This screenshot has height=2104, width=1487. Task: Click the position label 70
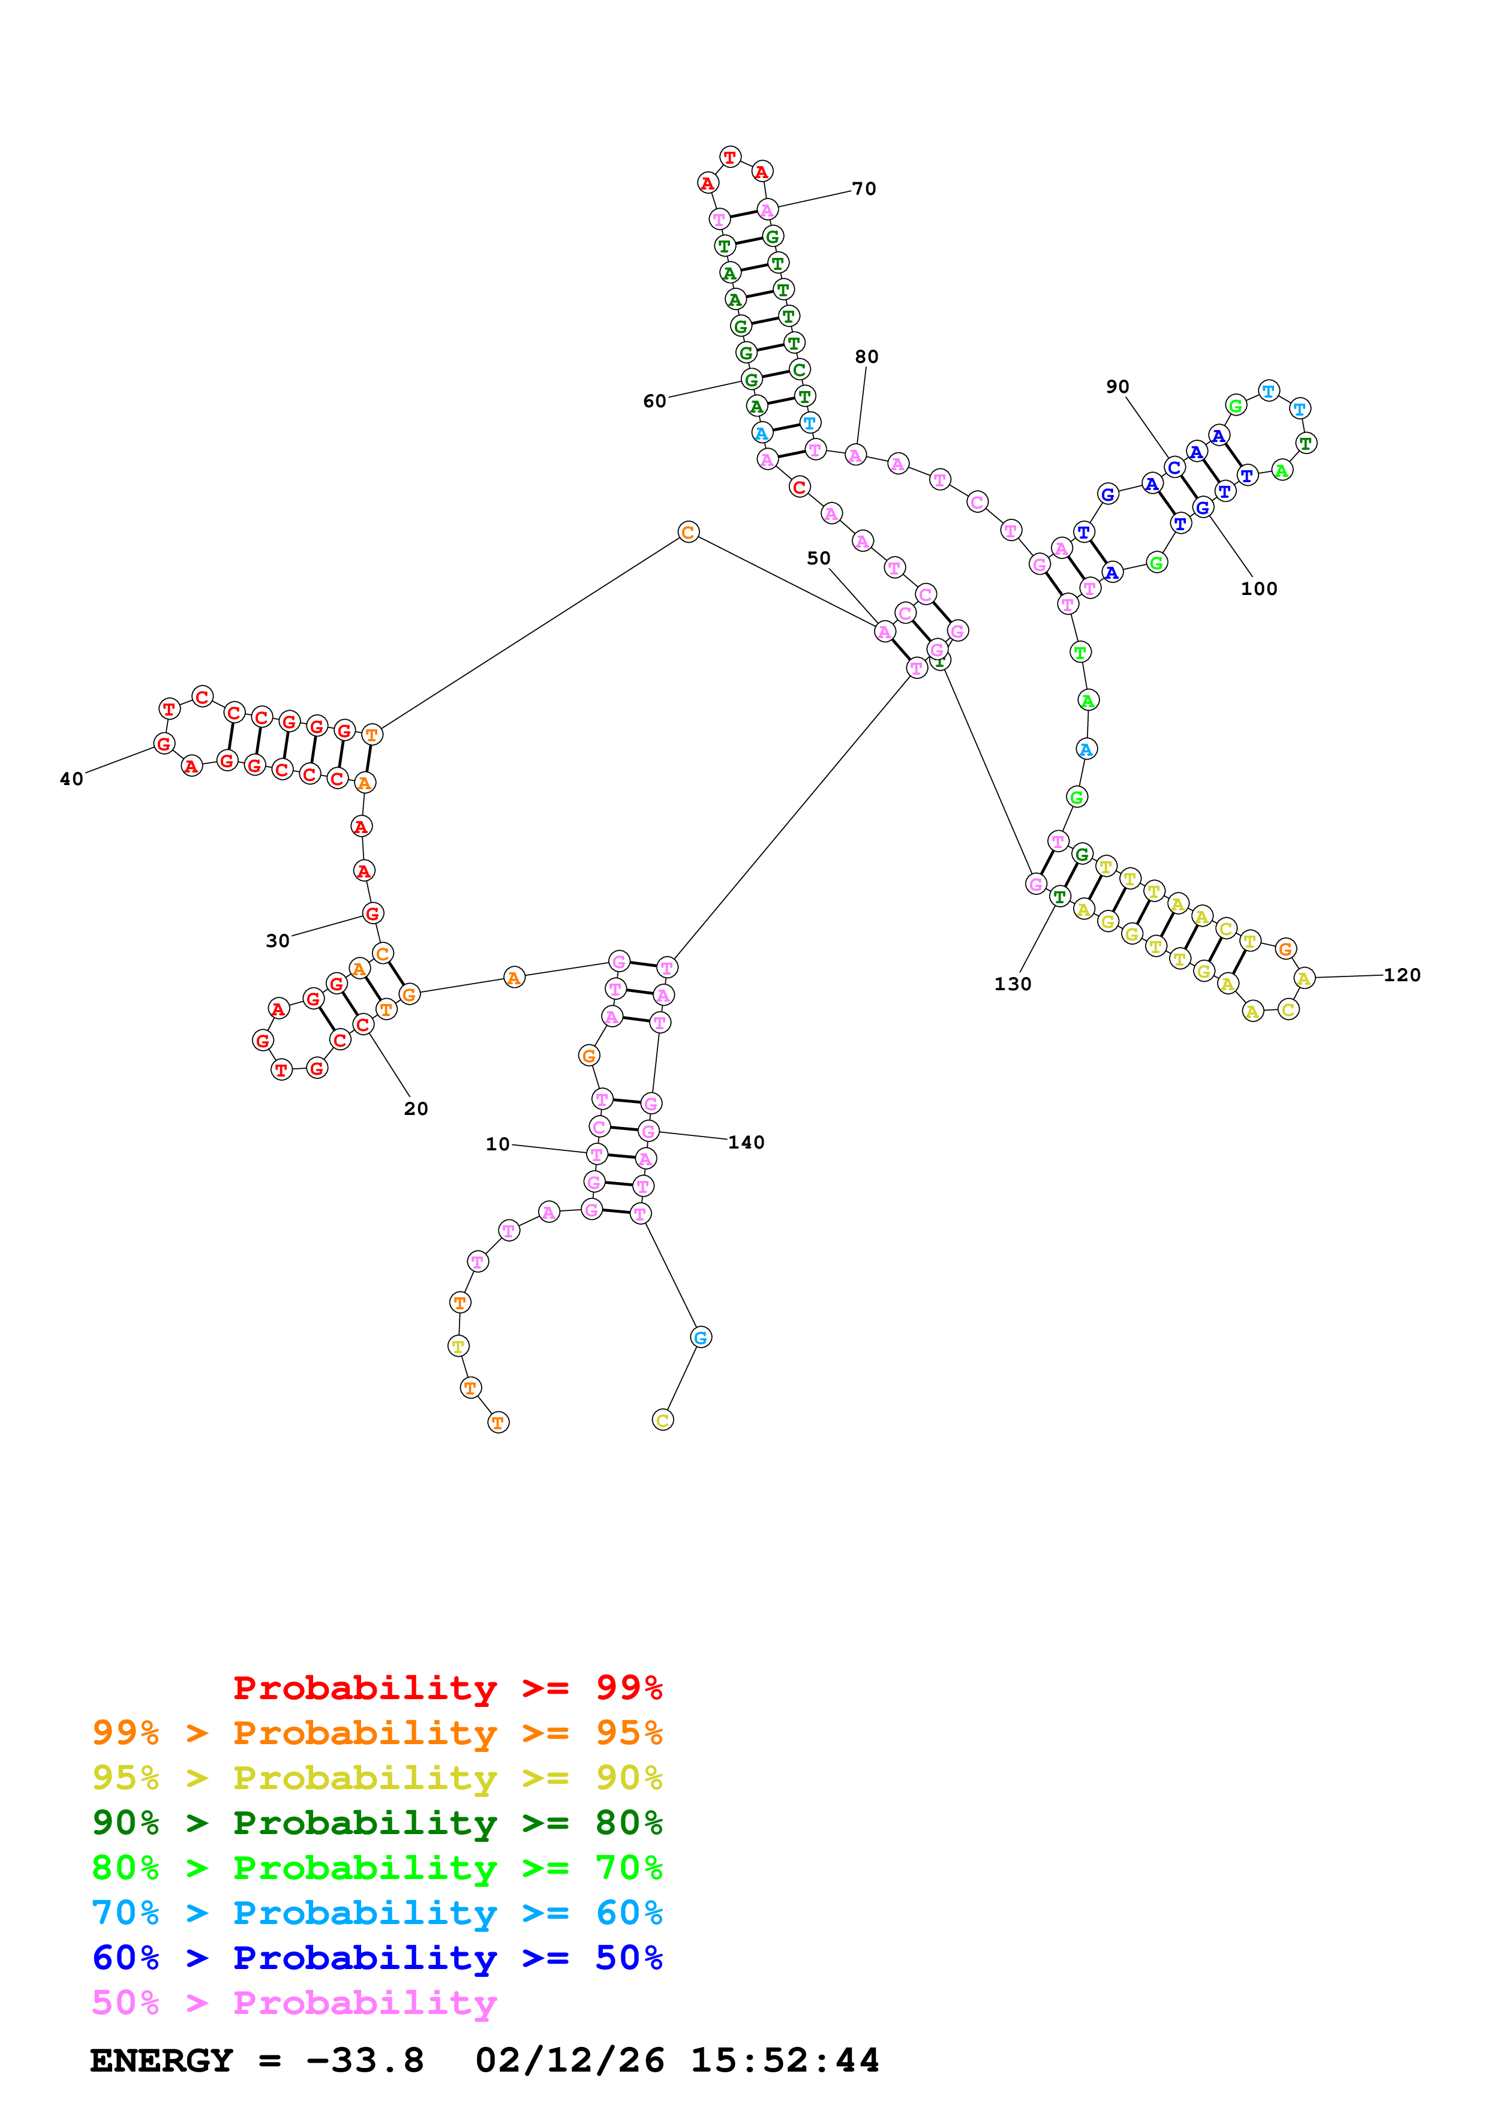coord(863,189)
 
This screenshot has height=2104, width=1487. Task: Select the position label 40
coord(71,779)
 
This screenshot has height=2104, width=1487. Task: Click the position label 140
coord(746,1143)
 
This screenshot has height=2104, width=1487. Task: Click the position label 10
coord(497,1144)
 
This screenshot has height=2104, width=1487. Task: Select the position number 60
coord(654,401)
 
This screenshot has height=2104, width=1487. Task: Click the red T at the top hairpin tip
coord(729,157)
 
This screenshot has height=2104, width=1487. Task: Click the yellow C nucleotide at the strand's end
coord(662,1420)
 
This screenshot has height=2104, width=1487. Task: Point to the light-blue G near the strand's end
coord(700,1337)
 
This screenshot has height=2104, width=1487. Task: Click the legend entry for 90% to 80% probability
coord(377,1823)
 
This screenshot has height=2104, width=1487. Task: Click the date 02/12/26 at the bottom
coord(569,2061)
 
